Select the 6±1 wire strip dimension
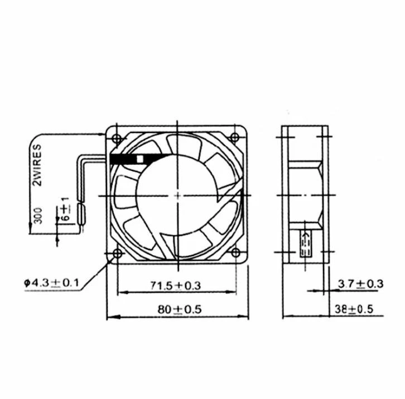(x=65, y=211)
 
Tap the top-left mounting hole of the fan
(x=117, y=137)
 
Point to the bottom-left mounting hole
(x=117, y=255)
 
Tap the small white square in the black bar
(x=140, y=159)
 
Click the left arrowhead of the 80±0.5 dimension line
(x=110, y=317)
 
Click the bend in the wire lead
(x=79, y=160)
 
